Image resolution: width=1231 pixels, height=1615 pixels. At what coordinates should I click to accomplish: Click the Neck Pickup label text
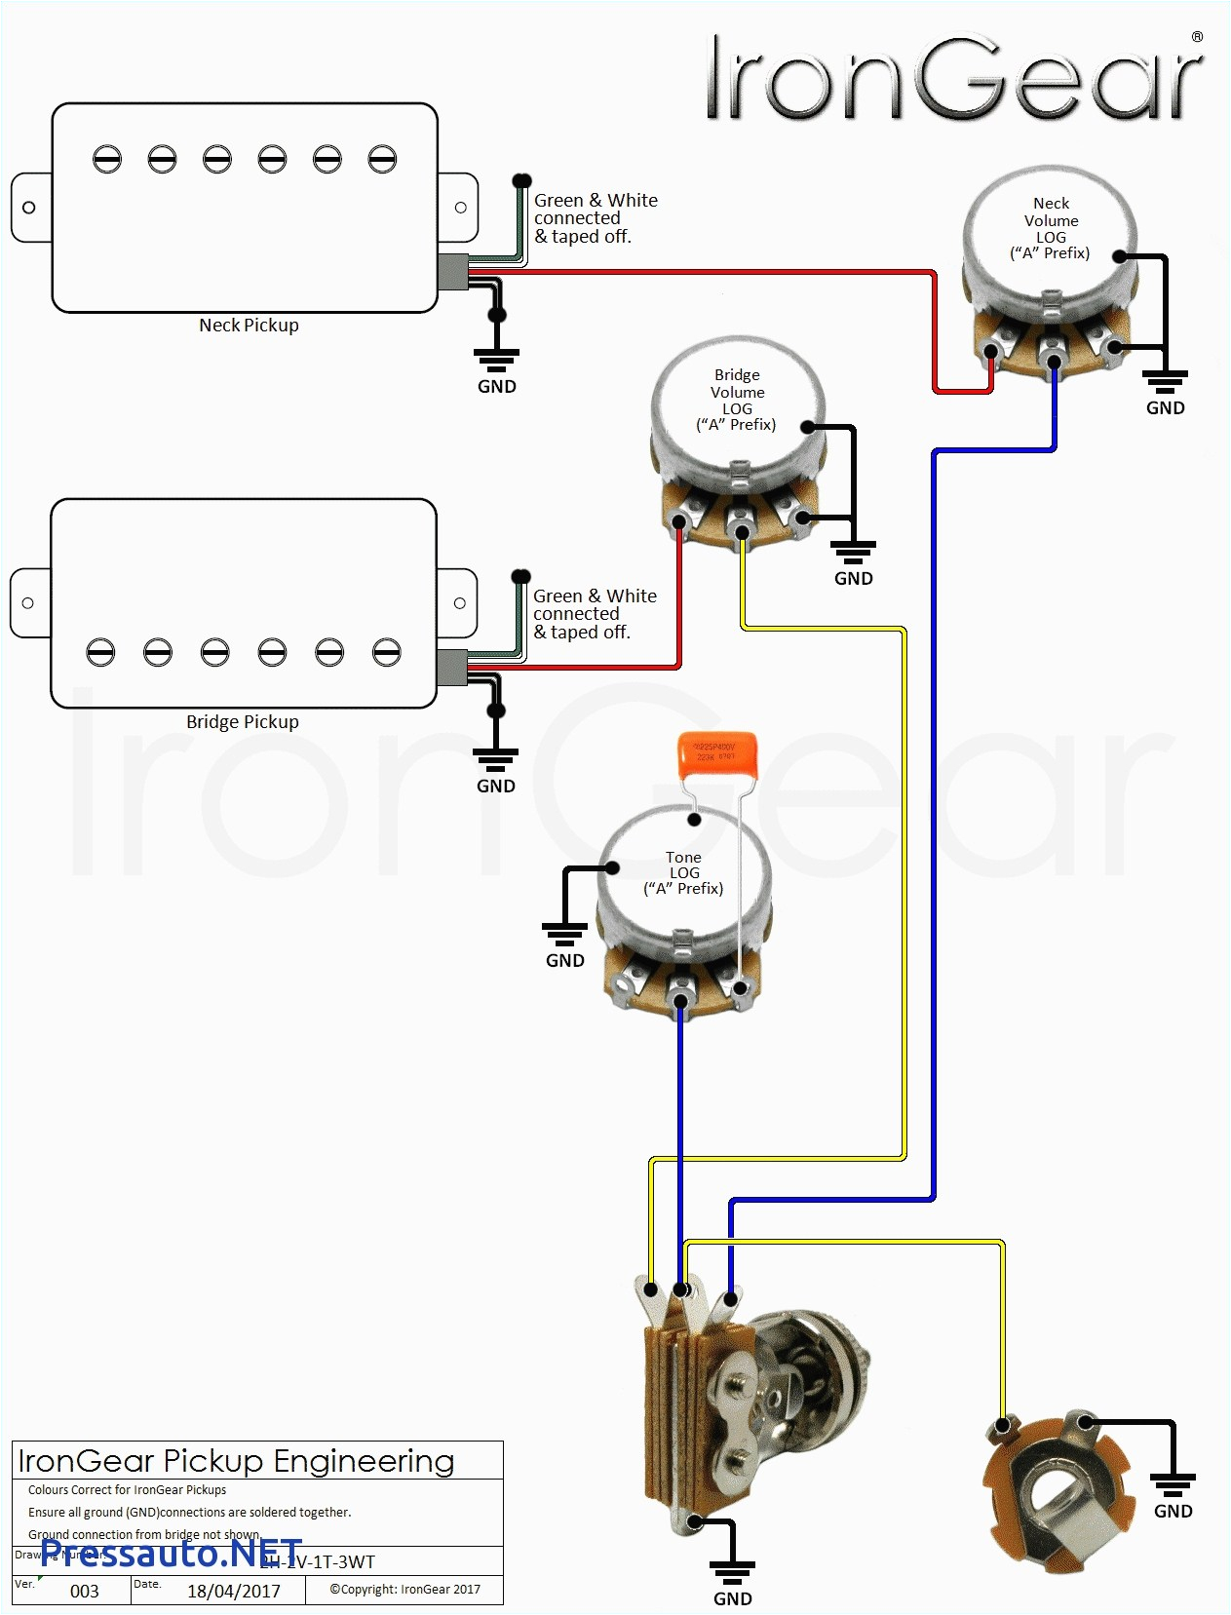(249, 326)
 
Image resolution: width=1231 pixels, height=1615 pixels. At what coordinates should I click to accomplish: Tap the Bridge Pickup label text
(242, 722)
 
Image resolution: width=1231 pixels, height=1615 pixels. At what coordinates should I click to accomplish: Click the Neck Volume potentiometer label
(1051, 228)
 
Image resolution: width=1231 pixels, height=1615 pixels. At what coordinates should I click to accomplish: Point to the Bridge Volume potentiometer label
(737, 400)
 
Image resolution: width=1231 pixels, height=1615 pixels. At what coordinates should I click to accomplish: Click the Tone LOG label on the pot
(683, 872)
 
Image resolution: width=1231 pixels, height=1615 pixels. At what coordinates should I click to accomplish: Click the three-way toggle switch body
(741, 1404)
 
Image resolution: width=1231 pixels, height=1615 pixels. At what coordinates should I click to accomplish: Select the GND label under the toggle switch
(732, 1598)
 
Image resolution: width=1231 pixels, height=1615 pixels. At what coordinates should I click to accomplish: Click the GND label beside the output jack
(1173, 1511)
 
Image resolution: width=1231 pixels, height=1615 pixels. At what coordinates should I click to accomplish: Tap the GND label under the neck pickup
(496, 387)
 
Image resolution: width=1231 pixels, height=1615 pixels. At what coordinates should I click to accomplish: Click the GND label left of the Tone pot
(564, 960)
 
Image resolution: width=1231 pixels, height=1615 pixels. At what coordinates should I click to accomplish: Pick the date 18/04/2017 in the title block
(234, 1591)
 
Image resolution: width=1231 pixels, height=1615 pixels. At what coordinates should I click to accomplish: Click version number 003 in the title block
(85, 1591)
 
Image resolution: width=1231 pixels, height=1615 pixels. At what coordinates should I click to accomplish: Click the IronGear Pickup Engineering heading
(237, 1461)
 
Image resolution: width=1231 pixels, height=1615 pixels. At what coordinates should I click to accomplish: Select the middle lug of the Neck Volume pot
(1054, 362)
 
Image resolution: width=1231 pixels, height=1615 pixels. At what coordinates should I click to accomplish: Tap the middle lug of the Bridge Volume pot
(742, 531)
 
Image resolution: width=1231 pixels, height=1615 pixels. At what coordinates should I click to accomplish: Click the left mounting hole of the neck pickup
(29, 208)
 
